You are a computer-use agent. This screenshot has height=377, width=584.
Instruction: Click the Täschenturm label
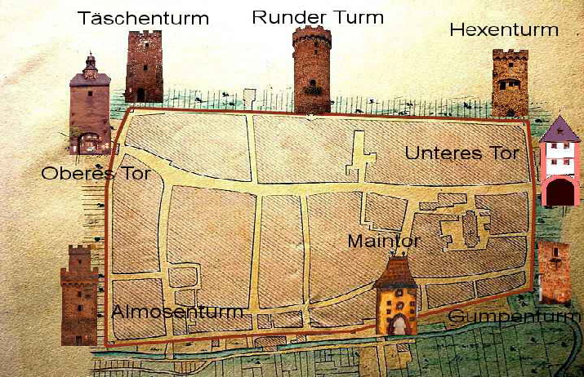(144, 18)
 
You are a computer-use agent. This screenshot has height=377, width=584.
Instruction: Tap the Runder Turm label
(318, 16)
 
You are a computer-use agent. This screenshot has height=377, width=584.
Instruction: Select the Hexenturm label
(504, 30)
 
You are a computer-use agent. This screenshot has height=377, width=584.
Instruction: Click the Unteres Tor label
(462, 153)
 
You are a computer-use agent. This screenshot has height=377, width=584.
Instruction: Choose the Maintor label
(384, 242)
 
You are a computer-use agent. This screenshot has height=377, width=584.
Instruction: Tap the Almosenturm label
(177, 312)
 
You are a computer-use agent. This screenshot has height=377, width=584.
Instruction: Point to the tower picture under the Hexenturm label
(510, 82)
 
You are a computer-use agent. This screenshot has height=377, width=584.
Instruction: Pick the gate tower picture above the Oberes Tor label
(90, 106)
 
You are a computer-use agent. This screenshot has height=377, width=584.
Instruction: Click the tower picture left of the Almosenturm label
(78, 295)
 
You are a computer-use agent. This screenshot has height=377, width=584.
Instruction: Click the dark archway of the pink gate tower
(560, 193)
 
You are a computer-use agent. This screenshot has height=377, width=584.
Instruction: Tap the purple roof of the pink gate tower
(559, 131)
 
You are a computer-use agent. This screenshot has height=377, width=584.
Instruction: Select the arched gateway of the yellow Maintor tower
(397, 325)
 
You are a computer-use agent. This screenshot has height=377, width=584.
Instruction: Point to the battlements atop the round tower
(312, 34)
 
